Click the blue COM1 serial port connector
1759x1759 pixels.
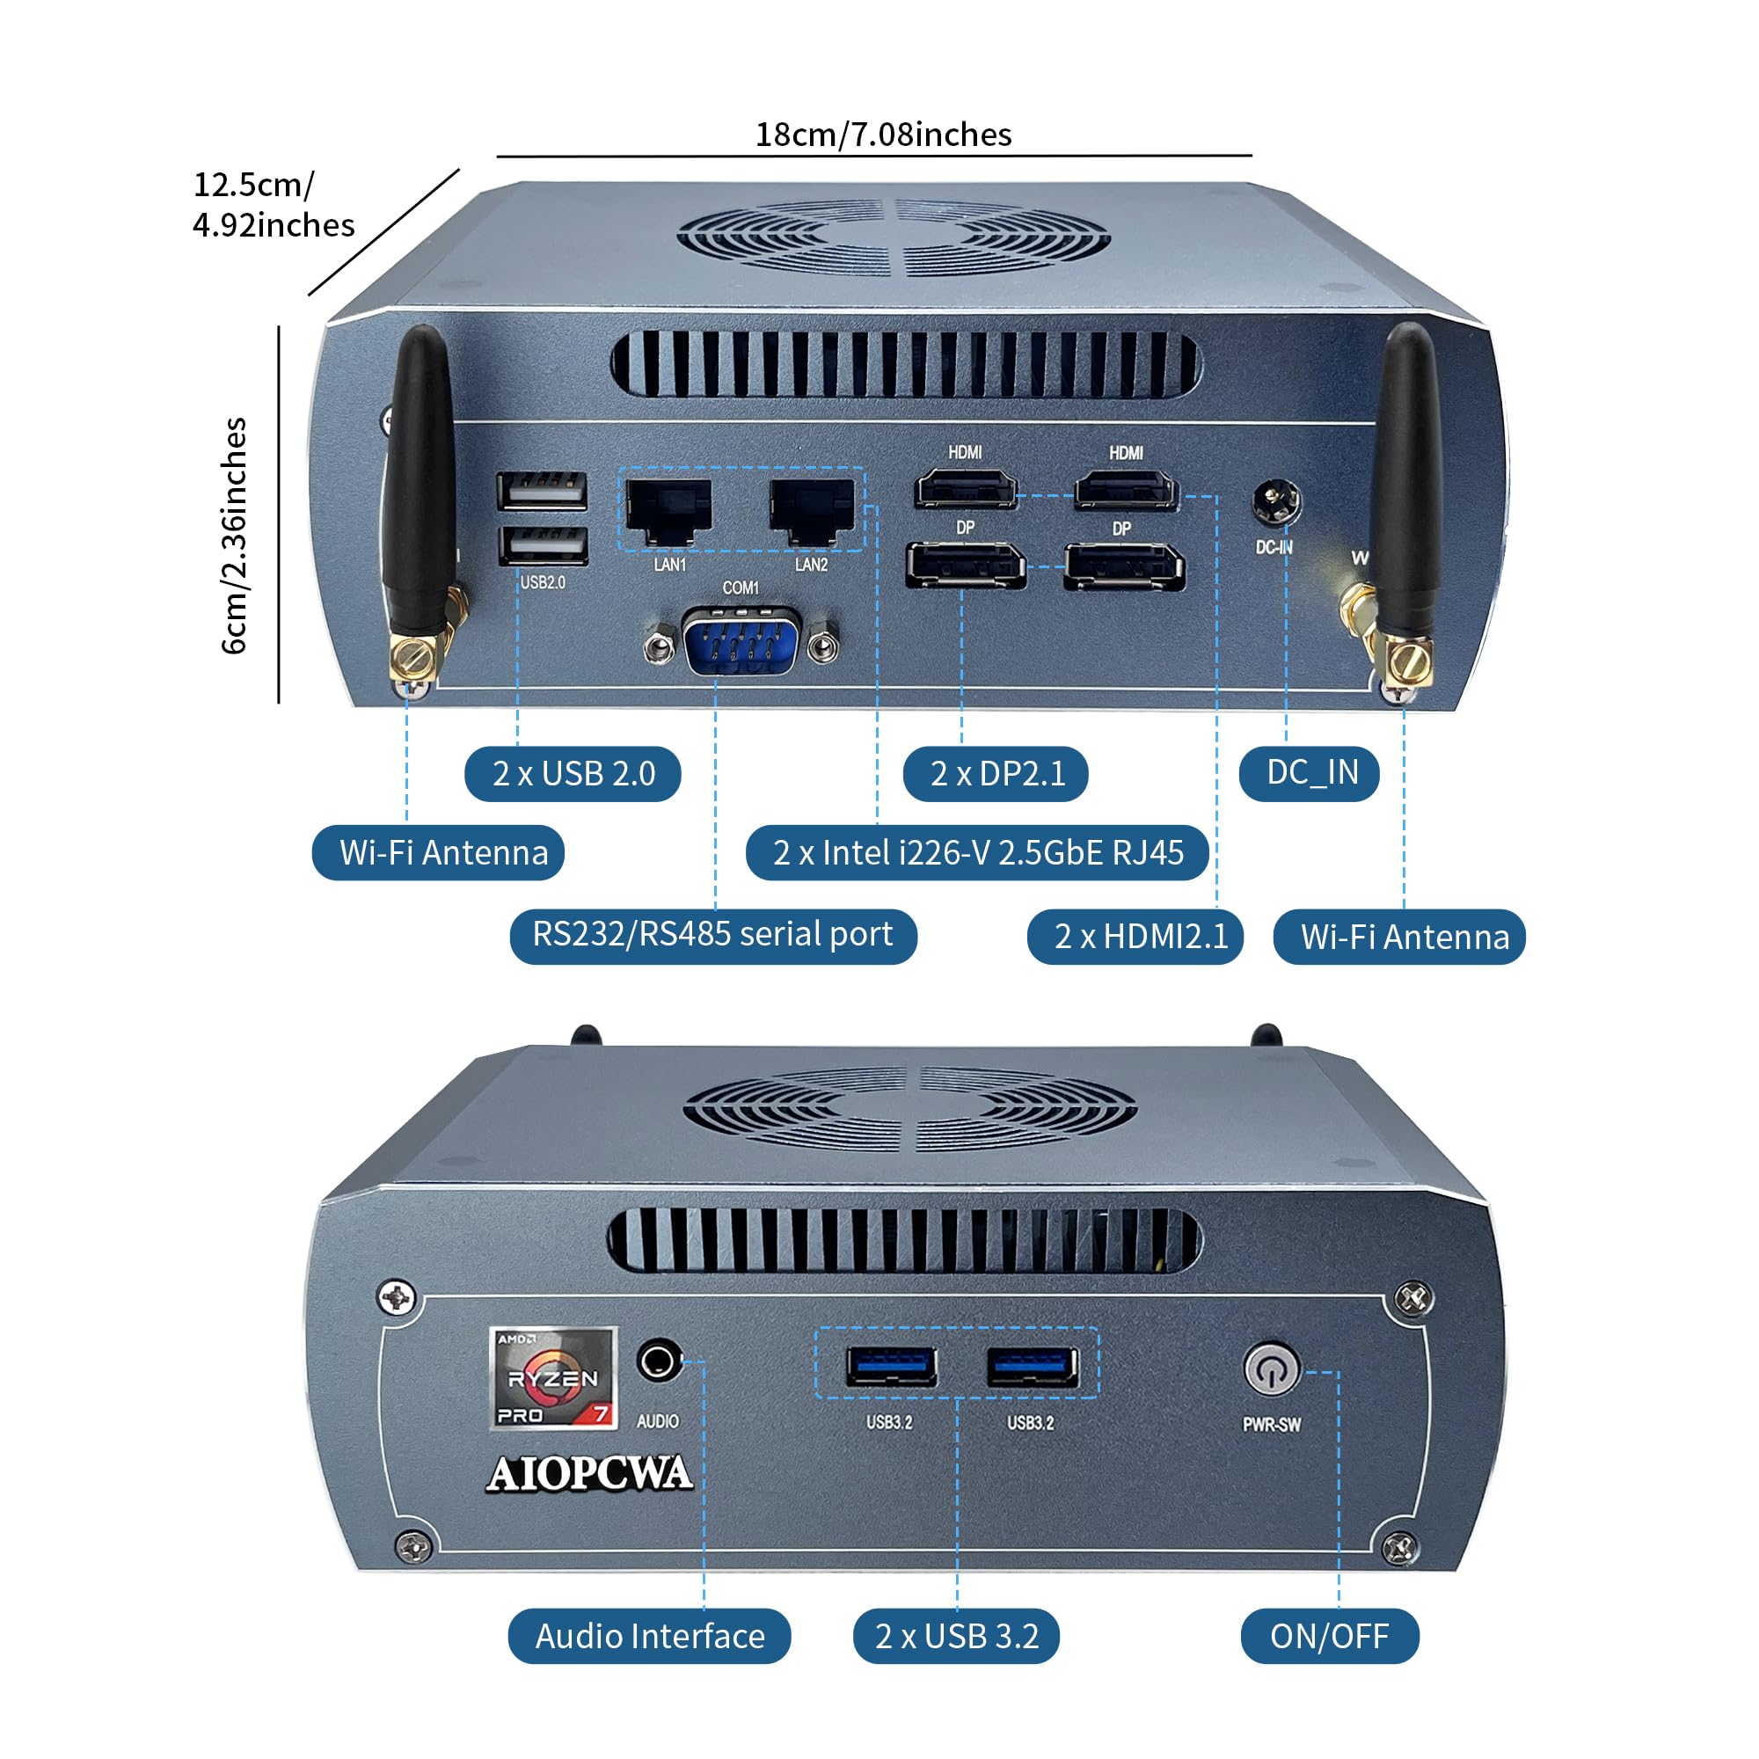[x=741, y=643]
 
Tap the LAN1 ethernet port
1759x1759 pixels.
[x=669, y=512]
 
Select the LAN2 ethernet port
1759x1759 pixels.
[x=812, y=512]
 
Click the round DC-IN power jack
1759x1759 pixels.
[x=1276, y=501]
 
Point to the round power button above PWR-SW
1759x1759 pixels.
[x=1271, y=1368]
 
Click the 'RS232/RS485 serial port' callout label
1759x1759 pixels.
[x=713, y=936]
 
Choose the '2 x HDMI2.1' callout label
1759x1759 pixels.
[x=1135, y=937]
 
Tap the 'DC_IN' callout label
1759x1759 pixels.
[x=1310, y=774]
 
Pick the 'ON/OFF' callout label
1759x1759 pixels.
[x=1329, y=1637]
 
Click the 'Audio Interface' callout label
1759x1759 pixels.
[x=649, y=1637]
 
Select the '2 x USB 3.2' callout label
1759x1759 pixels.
[x=956, y=1637]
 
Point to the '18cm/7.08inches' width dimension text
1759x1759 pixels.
[x=883, y=135]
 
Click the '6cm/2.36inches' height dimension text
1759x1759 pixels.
[x=234, y=536]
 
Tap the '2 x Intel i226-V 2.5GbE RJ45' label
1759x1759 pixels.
[x=978, y=853]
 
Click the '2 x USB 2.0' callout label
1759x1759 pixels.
[x=573, y=774]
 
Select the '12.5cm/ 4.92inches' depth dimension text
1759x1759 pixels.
[x=274, y=205]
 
